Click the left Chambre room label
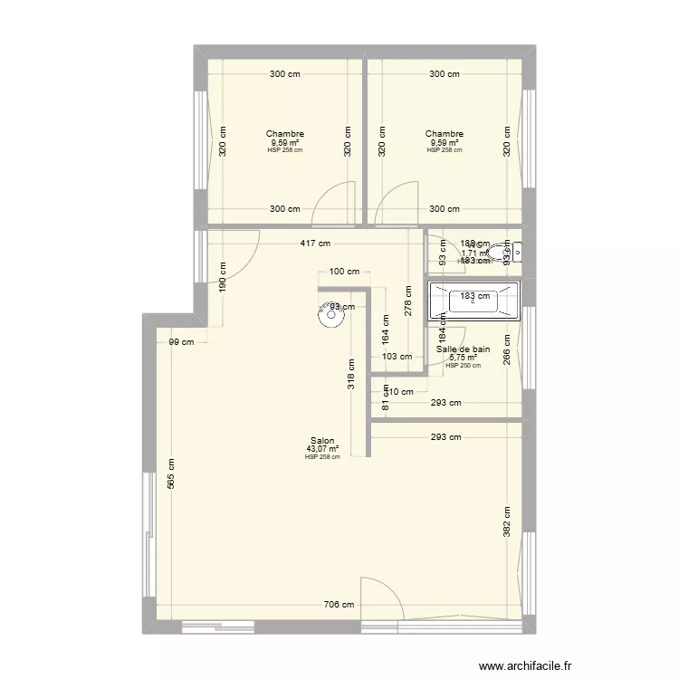[x=284, y=134]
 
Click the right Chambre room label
[x=444, y=134]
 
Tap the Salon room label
[x=322, y=441]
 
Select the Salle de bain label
[x=463, y=349]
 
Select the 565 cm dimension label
[x=171, y=473]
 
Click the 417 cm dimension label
[x=317, y=244]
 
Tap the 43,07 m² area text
[x=322, y=449]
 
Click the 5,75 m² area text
[x=463, y=358]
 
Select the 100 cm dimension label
[x=344, y=272]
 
